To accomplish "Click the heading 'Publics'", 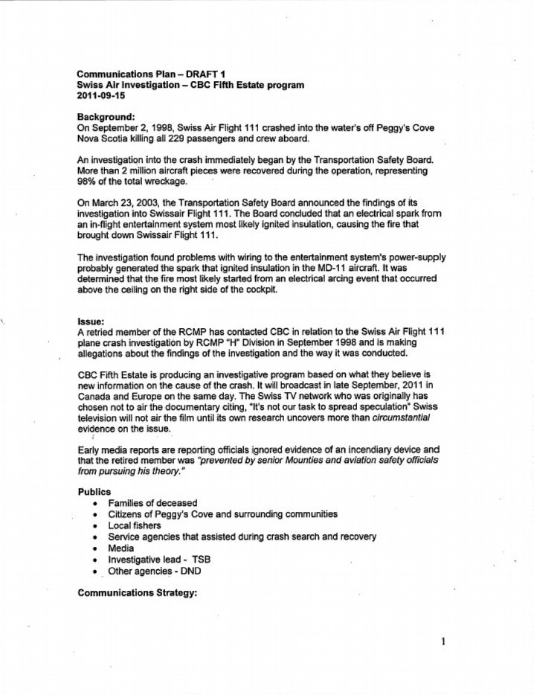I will [x=94, y=492].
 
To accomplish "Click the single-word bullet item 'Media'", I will [x=121, y=548].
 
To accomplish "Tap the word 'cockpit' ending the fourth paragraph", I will [x=261, y=289].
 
